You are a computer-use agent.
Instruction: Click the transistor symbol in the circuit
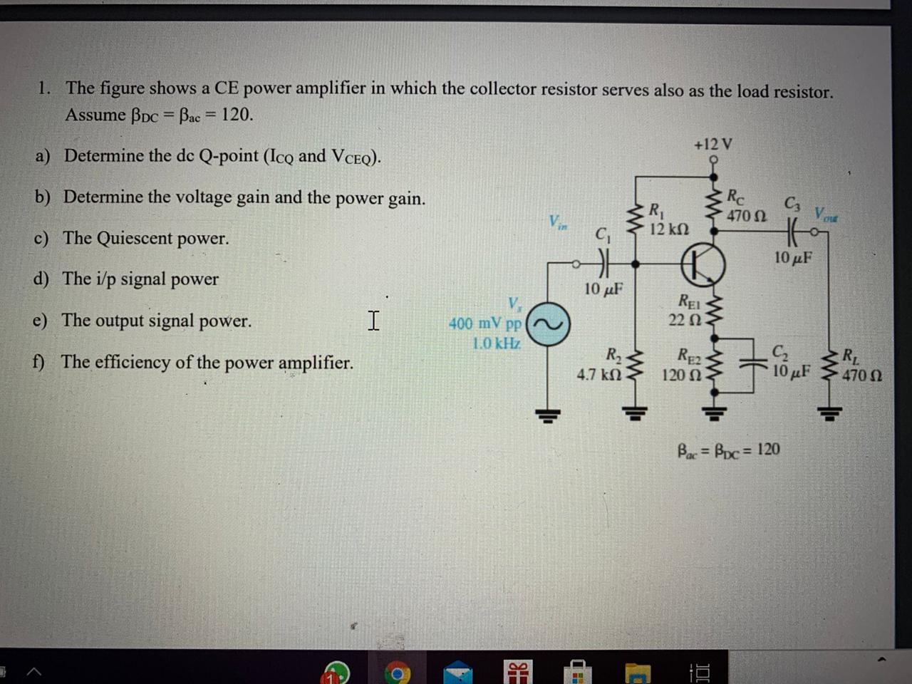click(x=703, y=264)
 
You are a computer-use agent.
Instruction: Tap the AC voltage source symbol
click(x=549, y=326)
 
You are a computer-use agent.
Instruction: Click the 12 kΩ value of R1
click(x=669, y=229)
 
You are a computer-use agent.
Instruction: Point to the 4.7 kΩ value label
click(x=599, y=373)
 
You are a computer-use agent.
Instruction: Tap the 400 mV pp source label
click(x=485, y=323)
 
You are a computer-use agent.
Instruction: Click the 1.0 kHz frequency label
click(x=497, y=343)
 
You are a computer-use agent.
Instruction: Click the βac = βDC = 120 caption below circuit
click(x=727, y=450)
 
